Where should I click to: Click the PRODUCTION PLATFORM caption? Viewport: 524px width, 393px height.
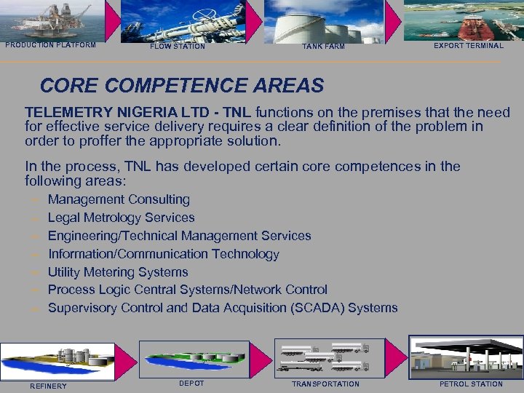50,45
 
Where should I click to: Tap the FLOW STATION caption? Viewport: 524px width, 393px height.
178,47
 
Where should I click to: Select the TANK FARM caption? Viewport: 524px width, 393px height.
323,47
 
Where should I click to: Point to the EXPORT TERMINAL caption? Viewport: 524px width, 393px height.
468,45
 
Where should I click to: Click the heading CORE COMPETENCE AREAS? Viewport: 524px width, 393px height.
181,86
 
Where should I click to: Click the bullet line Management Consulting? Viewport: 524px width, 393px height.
119,199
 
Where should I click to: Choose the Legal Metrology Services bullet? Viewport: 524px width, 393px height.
121,218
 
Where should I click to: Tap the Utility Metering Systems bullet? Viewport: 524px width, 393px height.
118,272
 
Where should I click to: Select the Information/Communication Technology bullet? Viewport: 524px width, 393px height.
163,254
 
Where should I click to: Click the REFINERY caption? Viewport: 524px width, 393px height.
48,386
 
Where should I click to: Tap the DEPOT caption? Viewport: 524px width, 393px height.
191,383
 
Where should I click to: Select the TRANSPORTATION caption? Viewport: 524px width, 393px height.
325,384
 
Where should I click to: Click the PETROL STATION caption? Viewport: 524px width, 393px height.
471,384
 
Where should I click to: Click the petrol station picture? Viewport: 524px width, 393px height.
465,357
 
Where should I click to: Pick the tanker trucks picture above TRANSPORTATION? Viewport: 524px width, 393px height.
325,356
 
